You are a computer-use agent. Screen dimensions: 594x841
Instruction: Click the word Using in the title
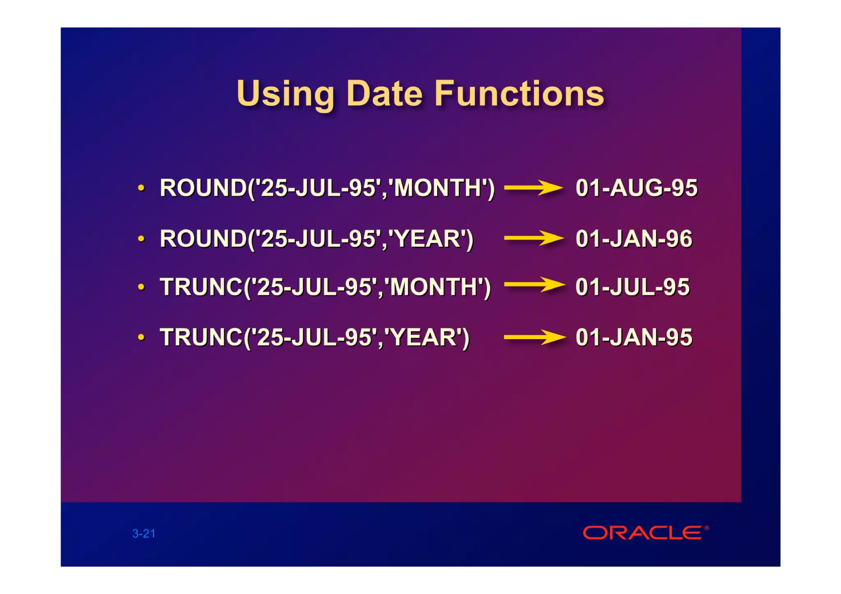285,94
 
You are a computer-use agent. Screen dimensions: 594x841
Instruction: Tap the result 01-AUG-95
636,188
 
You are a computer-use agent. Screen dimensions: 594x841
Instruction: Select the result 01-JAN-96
634,239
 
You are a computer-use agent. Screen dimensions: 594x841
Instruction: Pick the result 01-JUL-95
632,287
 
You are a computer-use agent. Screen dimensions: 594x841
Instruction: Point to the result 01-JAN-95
634,337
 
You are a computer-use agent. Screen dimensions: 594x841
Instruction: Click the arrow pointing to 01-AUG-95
533,188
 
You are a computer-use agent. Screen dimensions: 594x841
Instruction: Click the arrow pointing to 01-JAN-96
533,238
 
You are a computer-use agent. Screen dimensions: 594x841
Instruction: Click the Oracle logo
642,533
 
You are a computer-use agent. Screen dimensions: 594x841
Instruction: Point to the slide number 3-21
144,534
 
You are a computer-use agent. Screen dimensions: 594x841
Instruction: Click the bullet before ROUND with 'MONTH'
141,188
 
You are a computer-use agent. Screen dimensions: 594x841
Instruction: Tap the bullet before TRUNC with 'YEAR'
141,337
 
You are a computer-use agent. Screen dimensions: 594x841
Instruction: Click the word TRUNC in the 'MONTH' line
201,287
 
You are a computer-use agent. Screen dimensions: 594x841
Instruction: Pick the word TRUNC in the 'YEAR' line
201,337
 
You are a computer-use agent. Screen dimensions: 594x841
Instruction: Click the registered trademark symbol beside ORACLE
707,528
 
